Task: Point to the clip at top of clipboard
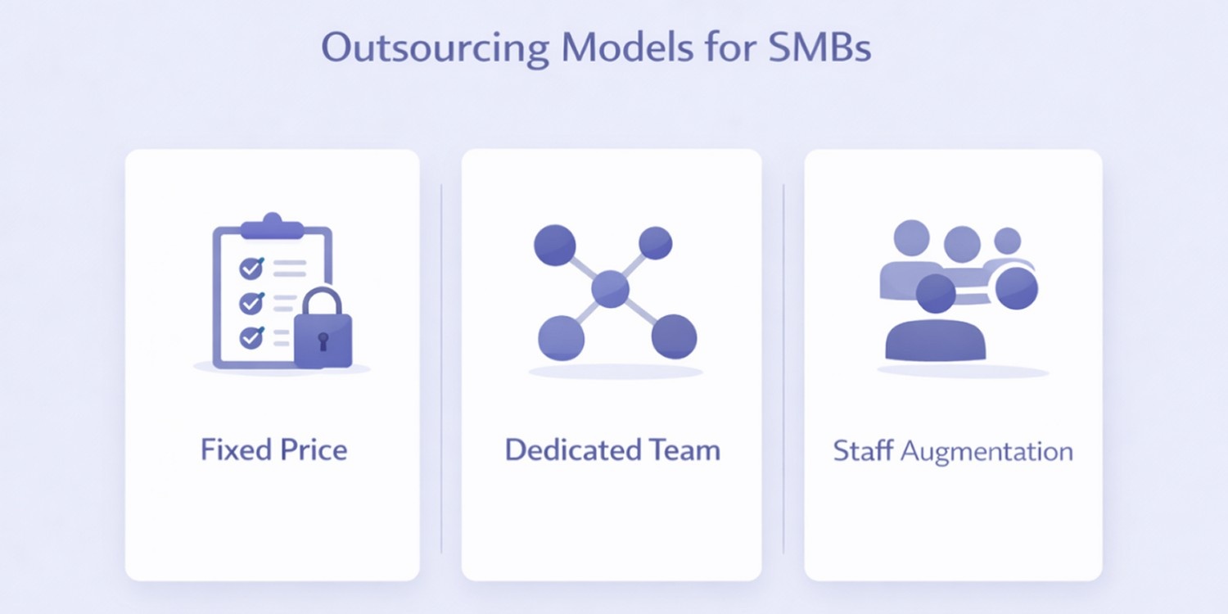coord(272,226)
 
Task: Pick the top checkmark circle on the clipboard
coord(251,268)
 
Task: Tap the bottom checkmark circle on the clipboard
coord(251,337)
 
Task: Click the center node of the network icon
coord(610,288)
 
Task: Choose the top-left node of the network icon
coord(554,244)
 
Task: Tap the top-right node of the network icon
coord(655,242)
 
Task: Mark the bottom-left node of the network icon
coord(561,336)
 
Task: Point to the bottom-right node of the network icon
coord(674,336)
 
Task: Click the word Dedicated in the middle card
coord(573,449)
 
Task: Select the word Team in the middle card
coord(684,449)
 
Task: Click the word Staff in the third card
coord(862,451)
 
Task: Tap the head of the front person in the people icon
coord(935,294)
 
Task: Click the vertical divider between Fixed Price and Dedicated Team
coord(441,368)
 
